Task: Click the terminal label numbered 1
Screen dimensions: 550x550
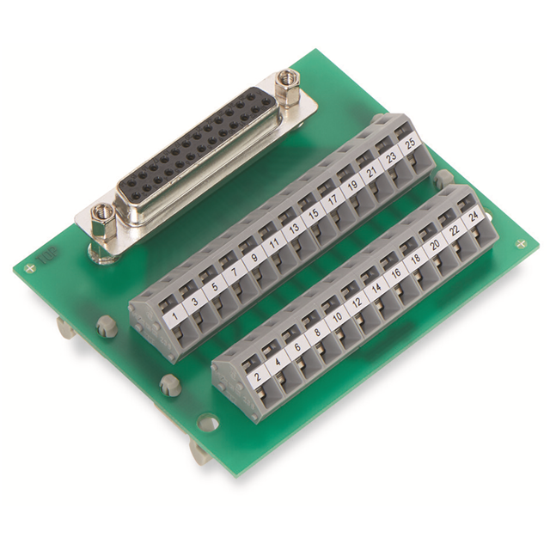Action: coord(176,315)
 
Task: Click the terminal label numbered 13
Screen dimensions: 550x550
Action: coord(294,229)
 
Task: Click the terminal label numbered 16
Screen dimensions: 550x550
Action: coord(395,275)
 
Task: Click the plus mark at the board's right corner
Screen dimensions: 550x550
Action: coord(521,245)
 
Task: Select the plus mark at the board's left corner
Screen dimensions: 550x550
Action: coord(32,269)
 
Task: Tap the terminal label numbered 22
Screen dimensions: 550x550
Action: coord(453,233)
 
